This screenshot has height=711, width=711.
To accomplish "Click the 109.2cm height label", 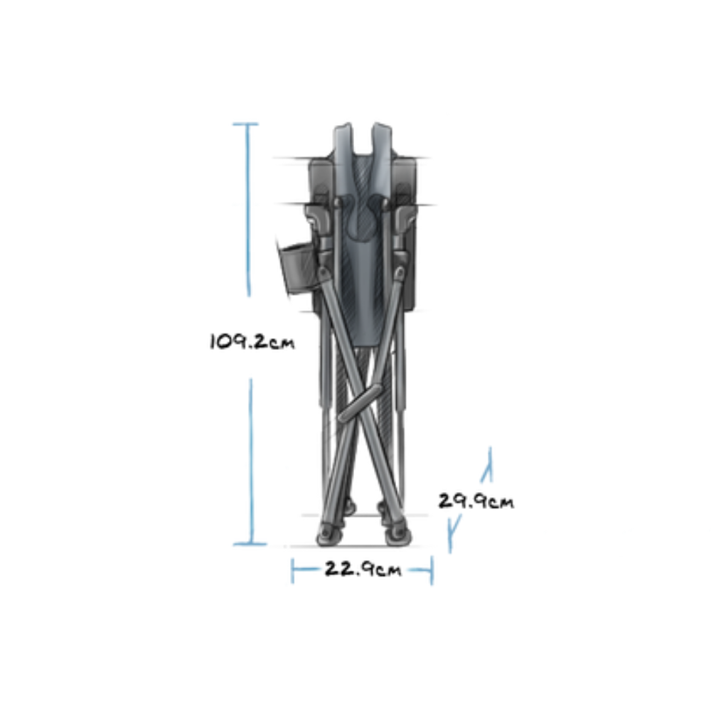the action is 252,341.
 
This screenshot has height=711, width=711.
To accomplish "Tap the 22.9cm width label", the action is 363,569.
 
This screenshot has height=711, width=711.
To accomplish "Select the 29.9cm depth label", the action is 476,501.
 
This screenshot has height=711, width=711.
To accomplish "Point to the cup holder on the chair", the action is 295,267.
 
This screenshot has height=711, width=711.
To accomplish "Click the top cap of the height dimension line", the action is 246,124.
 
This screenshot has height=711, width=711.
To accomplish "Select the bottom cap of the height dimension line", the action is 250,544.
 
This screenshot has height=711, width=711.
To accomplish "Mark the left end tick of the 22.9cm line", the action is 292,570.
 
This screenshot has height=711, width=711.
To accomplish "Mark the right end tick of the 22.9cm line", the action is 432,570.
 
